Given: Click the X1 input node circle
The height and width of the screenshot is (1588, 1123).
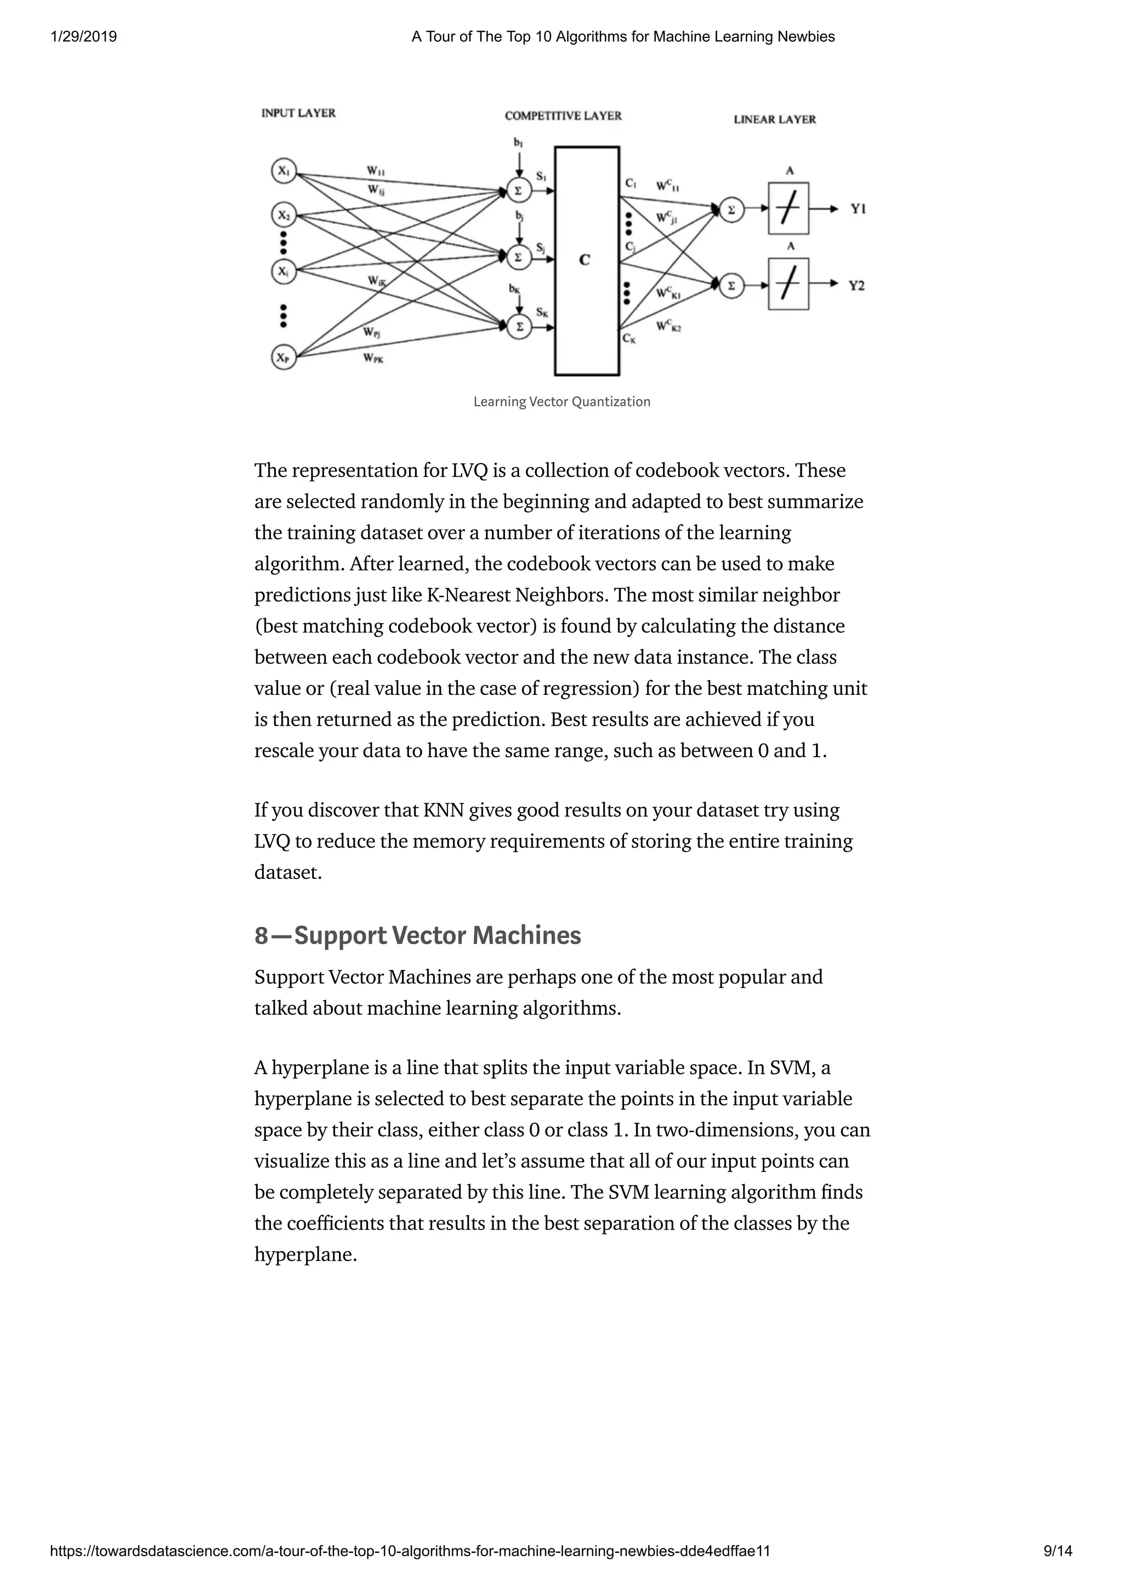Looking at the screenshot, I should [283, 171].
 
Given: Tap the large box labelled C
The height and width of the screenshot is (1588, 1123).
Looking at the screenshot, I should [586, 261].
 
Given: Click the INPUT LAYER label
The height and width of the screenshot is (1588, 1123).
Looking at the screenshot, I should [298, 113].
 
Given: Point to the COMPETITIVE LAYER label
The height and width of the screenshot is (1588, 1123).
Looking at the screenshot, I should [563, 116].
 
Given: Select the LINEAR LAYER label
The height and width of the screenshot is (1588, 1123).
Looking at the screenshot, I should [774, 119].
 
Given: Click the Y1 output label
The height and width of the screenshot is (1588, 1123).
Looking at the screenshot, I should [858, 208].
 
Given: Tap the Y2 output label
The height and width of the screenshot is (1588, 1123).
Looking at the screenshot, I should [857, 285].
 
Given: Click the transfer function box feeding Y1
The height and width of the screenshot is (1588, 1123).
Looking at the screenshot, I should [788, 209].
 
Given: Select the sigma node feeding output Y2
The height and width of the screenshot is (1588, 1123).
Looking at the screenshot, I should [731, 285].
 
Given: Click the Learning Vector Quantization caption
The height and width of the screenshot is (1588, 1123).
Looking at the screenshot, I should [561, 402].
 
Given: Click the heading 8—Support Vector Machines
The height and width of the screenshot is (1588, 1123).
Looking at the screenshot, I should [417, 935].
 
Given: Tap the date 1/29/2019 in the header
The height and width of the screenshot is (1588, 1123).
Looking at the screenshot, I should [84, 37].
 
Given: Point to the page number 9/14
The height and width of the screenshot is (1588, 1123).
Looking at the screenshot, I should [1057, 1551].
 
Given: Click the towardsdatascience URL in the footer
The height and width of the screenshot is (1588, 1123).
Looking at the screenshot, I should [410, 1551].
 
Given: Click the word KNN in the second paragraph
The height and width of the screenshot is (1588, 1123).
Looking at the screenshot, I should [443, 810].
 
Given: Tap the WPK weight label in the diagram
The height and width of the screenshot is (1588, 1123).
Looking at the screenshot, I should [373, 358].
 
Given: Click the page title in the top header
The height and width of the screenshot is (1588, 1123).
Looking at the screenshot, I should [623, 37].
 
